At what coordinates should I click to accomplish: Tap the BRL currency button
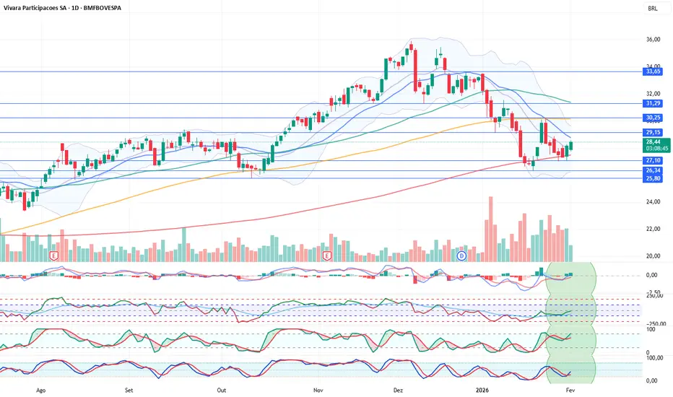coord(653,9)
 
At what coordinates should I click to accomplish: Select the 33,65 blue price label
coord(653,71)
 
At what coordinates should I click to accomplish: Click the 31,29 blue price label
coord(653,104)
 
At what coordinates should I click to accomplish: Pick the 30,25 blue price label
coord(653,118)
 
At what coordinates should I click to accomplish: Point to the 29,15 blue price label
coord(653,132)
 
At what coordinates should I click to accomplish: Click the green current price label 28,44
coord(653,142)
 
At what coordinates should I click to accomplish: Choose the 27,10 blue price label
coord(653,160)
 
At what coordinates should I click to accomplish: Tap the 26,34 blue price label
coord(653,170)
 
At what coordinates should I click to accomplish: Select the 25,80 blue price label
coord(653,178)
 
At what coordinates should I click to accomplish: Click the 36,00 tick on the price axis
coord(653,39)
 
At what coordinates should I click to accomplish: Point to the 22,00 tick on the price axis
coord(653,229)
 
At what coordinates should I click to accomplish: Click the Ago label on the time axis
coord(41,388)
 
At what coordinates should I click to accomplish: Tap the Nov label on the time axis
coord(317,388)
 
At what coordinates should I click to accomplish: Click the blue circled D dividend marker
coord(461,256)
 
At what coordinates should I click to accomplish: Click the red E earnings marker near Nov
coord(327,256)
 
